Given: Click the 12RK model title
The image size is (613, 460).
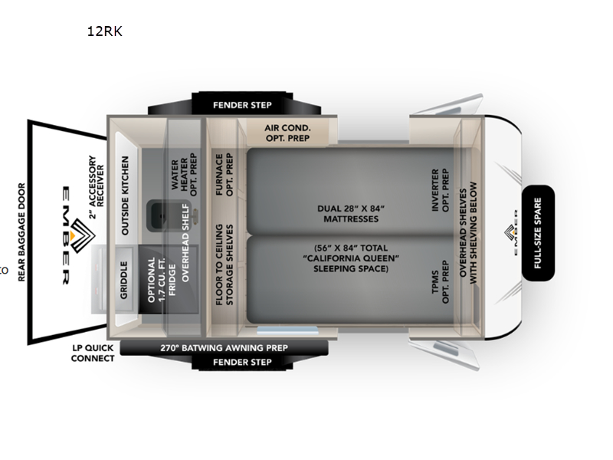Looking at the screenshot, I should click(x=104, y=31).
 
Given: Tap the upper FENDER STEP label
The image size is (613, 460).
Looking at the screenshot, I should click(x=242, y=105).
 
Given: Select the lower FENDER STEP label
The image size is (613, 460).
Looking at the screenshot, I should click(x=242, y=362).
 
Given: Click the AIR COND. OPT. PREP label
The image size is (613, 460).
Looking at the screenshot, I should click(x=287, y=133).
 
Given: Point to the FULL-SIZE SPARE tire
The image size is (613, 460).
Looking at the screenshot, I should click(x=538, y=233).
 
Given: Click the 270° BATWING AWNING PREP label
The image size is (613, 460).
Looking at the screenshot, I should click(x=224, y=347).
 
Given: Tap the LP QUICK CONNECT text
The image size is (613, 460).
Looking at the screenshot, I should click(x=93, y=353).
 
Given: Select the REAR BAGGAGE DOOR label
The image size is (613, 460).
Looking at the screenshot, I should click(x=21, y=232).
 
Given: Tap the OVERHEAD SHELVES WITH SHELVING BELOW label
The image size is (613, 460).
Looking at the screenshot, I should click(x=467, y=233).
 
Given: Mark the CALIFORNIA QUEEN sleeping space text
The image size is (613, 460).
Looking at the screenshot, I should click(x=350, y=258).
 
